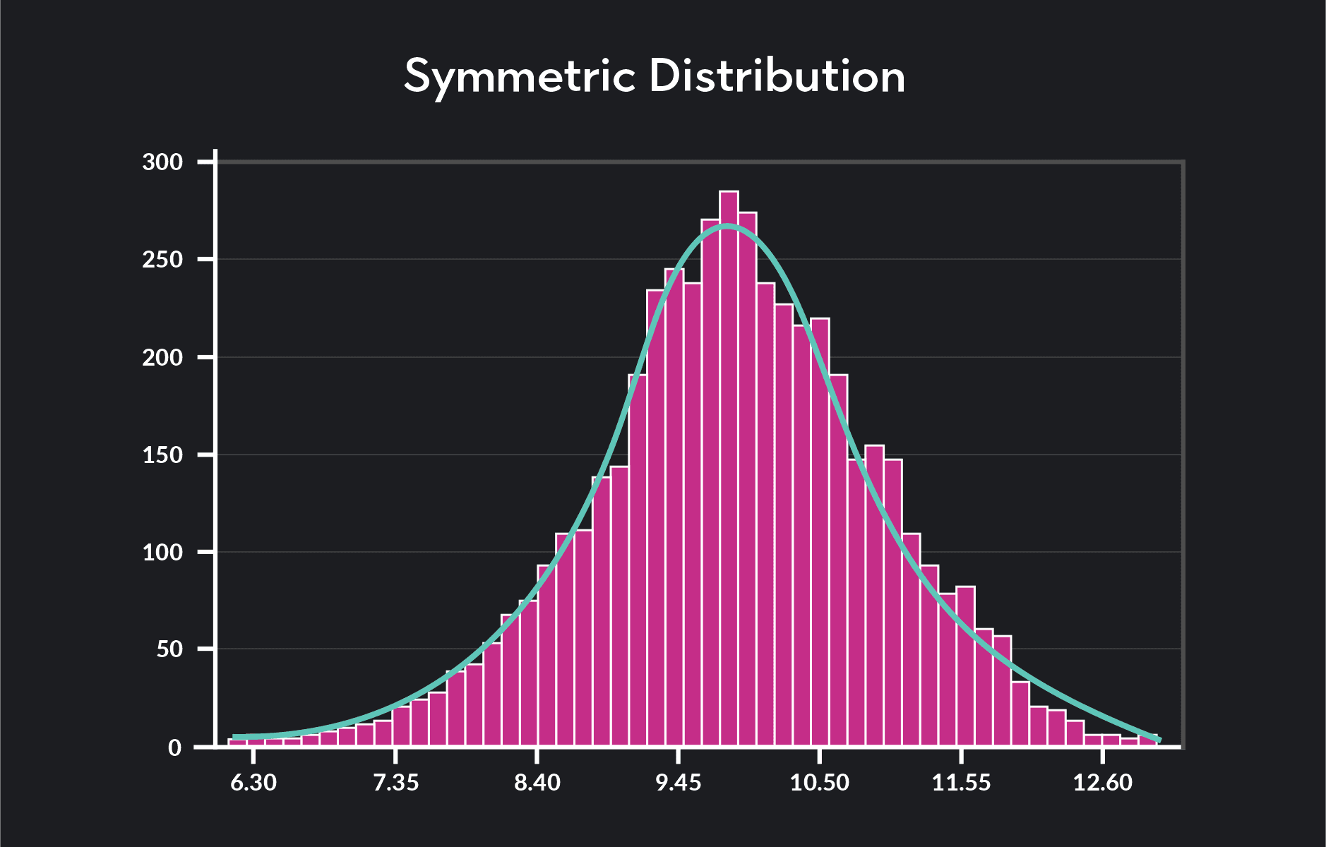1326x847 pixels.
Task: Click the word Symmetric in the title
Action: (x=520, y=76)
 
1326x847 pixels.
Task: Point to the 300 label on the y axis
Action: (x=162, y=162)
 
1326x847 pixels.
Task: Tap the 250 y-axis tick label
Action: (x=162, y=260)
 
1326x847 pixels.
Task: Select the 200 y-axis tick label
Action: (x=162, y=357)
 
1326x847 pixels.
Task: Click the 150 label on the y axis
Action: (x=162, y=455)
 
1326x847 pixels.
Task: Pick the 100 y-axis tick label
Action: (x=162, y=552)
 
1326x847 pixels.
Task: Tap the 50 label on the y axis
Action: (x=169, y=649)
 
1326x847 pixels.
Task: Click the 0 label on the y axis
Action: (x=175, y=747)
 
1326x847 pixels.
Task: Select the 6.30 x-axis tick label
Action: (x=253, y=783)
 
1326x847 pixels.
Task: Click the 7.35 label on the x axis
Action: (x=395, y=783)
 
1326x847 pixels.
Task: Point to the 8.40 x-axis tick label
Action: (x=537, y=783)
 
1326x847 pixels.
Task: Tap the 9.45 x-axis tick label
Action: (x=679, y=783)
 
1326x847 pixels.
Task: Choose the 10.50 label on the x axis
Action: (x=820, y=783)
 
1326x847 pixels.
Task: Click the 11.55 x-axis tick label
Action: (x=961, y=783)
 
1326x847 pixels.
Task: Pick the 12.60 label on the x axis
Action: (x=1102, y=783)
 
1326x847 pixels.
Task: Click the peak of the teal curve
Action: (x=727, y=226)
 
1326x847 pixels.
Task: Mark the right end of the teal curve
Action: (x=1159, y=740)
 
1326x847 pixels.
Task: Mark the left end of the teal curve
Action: (x=234, y=737)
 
